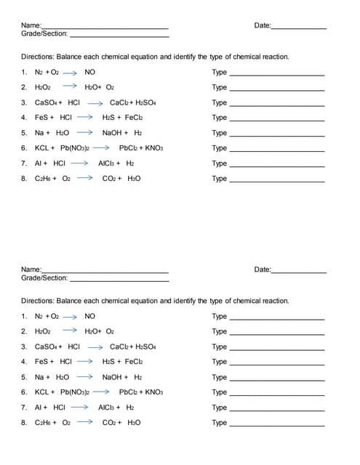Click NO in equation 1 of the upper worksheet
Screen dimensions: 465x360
click(x=89, y=72)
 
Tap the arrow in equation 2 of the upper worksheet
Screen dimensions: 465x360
click(x=70, y=87)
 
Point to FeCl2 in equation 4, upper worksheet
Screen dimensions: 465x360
click(x=134, y=118)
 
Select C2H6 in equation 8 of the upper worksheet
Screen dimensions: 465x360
click(x=44, y=179)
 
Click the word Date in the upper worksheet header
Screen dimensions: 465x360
click(x=262, y=25)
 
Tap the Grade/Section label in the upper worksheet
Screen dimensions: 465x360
click(x=44, y=33)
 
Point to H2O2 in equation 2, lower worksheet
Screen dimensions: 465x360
click(x=43, y=331)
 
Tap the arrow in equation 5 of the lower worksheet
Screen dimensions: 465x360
click(x=85, y=377)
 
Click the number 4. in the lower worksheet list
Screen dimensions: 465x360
click(x=25, y=362)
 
